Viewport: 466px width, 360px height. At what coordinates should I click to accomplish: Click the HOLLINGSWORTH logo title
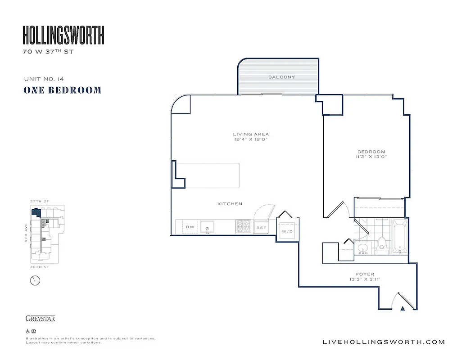63,35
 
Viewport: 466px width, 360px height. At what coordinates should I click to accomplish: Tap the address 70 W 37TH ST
48,52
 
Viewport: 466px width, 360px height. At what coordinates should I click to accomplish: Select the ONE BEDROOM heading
62,90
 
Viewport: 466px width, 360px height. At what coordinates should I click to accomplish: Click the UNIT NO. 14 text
44,79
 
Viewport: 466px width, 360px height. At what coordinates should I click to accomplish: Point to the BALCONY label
282,77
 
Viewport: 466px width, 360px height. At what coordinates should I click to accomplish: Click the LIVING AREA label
251,134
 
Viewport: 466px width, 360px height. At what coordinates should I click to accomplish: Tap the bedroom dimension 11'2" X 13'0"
372,157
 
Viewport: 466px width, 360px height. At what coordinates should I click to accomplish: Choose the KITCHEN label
230,204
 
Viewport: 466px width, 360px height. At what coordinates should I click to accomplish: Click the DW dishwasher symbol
190,227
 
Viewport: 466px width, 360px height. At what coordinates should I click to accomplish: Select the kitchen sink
208,227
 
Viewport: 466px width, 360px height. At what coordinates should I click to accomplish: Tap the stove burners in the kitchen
244,227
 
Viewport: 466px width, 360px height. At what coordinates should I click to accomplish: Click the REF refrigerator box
261,228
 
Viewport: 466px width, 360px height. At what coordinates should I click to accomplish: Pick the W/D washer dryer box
286,232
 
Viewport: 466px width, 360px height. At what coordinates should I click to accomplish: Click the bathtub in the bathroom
399,236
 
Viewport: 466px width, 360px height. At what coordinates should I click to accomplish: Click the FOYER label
365,274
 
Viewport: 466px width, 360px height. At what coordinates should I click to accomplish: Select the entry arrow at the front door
403,308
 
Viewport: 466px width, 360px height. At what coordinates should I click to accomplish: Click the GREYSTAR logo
40,319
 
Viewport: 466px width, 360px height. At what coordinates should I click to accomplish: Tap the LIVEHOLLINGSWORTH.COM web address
384,342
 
